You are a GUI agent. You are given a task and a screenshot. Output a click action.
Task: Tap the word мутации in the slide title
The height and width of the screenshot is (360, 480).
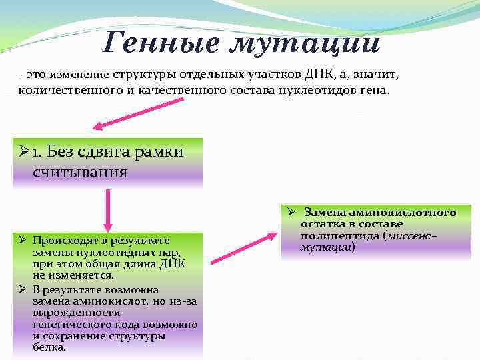click(305, 44)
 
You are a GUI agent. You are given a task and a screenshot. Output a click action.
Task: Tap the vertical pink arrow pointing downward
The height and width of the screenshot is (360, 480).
click(107, 207)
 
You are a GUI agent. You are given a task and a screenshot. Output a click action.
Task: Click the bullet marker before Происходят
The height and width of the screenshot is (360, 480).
click(22, 240)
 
